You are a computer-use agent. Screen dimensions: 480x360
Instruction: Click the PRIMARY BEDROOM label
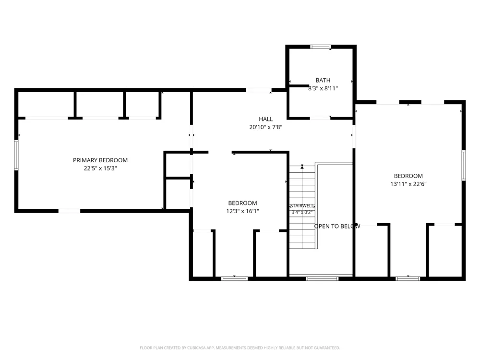(100, 160)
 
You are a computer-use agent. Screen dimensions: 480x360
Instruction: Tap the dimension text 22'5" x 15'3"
(100, 168)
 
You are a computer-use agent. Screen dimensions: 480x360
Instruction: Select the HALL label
(266, 119)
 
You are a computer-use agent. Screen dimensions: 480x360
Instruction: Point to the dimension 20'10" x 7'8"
(266, 127)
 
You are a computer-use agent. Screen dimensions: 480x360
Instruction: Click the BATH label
(323, 80)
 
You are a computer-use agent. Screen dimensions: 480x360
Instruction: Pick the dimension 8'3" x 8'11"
(323, 88)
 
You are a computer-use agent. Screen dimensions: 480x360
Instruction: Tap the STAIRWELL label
(302, 206)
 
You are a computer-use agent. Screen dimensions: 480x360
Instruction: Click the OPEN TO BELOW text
(337, 226)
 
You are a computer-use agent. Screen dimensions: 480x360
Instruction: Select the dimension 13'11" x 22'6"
(408, 184)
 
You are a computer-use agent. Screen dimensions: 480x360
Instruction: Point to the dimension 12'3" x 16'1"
(242, 211)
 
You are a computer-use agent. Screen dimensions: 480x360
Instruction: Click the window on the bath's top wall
(321, 47)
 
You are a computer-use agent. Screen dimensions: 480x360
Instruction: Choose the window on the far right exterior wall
(464, 165)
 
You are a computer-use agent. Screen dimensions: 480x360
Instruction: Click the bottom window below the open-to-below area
(322, 278)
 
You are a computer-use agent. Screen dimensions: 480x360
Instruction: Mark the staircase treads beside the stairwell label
(302, 207)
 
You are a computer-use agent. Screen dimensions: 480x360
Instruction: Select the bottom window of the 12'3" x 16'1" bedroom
(235, 278)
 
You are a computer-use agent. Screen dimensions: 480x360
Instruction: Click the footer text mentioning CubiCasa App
(240, 348)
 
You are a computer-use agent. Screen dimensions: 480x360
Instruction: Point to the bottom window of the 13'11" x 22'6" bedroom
(408, 278)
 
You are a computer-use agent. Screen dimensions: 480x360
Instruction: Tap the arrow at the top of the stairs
(302, 167)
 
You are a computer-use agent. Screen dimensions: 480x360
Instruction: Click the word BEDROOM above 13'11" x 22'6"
(408, 176)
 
